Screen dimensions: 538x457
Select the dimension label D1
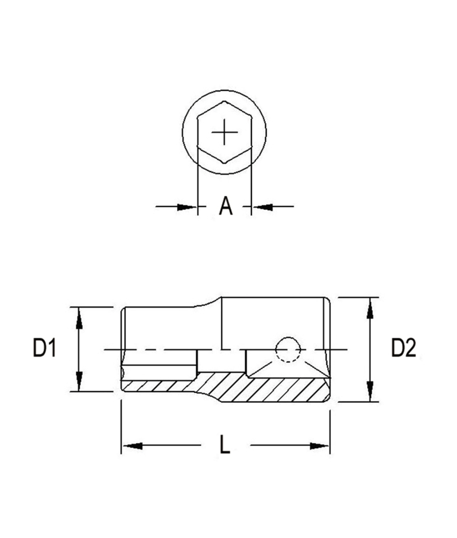tap(44, 348)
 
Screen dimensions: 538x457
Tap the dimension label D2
tap(404, 348)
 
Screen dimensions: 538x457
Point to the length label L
tap(225, 445)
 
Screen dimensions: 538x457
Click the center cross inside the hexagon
tap(224, 133)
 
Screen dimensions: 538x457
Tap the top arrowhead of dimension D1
tap(79, 316)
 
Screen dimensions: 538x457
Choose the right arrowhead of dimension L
tap(319, 446)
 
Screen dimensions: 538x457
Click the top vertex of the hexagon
tap(224, 102)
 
